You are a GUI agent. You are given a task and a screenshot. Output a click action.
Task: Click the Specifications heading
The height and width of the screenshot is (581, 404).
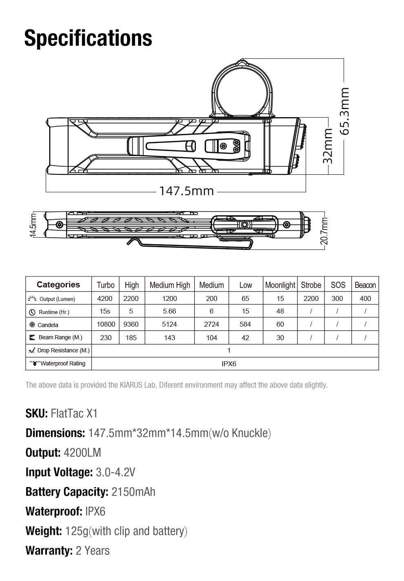point(88,38)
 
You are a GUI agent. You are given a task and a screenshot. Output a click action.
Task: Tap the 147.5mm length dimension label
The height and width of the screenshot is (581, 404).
point(186,191)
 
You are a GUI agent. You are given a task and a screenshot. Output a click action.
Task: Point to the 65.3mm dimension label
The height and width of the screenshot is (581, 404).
point(344,111)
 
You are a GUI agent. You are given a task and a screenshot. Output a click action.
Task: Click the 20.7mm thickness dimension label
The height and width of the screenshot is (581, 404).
point(324,231)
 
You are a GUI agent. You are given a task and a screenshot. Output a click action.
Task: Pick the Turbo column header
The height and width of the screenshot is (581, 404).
point(106,285)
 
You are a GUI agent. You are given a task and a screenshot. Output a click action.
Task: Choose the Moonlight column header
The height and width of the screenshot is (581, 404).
point(280,285)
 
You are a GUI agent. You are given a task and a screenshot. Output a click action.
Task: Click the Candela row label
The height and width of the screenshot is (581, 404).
point(48,325)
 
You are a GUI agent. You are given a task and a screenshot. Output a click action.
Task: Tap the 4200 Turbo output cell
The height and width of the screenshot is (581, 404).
point(105,298)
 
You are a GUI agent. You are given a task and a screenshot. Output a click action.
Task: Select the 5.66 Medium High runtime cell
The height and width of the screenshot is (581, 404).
point(169,311)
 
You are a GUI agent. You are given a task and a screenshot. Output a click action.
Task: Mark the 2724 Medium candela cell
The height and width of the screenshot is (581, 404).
point(211,324)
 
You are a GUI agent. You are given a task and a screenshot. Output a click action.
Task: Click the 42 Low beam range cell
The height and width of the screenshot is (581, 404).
point(245,338)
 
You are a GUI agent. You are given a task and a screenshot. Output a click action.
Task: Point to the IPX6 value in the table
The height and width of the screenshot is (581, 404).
point(229,364)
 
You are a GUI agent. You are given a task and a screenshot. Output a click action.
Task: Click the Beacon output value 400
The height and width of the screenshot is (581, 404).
point(365,298)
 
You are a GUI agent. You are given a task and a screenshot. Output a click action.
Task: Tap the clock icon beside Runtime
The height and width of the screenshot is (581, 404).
point(32,312)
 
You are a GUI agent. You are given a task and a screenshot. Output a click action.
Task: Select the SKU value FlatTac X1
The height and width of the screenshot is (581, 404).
point(74,414)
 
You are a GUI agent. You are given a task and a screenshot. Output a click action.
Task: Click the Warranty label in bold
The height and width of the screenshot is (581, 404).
point(49,550)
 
